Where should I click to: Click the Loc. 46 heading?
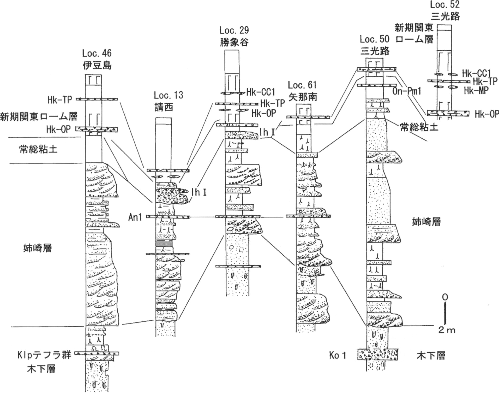(97, 53)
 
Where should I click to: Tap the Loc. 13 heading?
(168, 95)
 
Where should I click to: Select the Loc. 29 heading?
(234, 31)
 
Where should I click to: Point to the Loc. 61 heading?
(302, 85)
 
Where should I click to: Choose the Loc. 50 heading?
(375, 39)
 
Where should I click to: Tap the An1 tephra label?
(135, 217)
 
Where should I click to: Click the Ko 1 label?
(338, 356)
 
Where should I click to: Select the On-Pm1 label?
(407, 91)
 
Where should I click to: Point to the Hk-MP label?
(476, 90)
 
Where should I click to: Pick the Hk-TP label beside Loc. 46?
(60, 100)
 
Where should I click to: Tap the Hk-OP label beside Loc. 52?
(487, 114)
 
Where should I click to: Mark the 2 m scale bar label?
(447, 330)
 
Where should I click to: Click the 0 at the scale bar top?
(445, 297)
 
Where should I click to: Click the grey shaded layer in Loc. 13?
(164, 244)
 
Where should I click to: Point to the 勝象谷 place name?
(234, 42)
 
